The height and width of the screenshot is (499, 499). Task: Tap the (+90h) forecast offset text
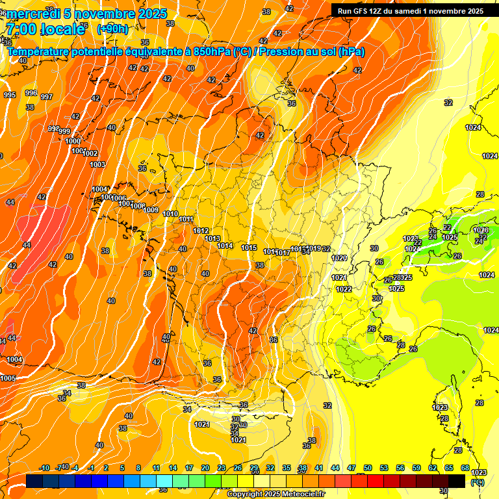pyautogui.click(x=112, y=29)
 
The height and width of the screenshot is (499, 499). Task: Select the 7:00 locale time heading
pyautogui.click(x=45, y=29)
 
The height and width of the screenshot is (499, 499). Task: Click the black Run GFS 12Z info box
pyautogui.click(x=410, y=10)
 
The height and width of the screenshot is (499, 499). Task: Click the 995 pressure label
pyautogui.click(x=10, y=96)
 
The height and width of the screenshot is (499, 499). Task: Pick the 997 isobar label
pyautogui.click(x=47, y=97)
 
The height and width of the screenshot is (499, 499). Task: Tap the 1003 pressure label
pyautogui.click(x=97, y=164)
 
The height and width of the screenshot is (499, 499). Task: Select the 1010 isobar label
pyautogui.click(x=170, y=214)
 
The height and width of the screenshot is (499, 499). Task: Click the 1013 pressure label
pyautogui.click(x=212, y=239)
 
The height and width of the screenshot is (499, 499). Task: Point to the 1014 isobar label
pyautogui.click(x=225, y=246)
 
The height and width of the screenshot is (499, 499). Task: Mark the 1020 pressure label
pyautogui.click(x=339, y=258)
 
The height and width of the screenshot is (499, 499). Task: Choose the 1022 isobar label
pyautogui.click(x=344, y=289)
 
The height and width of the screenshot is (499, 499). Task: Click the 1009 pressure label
pyautogui.click(x=151, y=210)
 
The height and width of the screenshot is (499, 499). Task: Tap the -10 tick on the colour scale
pyautogui.click(x=44, y=468)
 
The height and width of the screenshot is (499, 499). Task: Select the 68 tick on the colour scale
pyautogui.click(x=465, y=468)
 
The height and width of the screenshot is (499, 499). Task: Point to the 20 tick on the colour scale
pyautogui.click(x=205, y=468)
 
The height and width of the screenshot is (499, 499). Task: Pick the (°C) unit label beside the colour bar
pyautogui.click(x=477, y=482)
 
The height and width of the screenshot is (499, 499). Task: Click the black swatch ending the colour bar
pyautogui.click(x=457, y=481)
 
